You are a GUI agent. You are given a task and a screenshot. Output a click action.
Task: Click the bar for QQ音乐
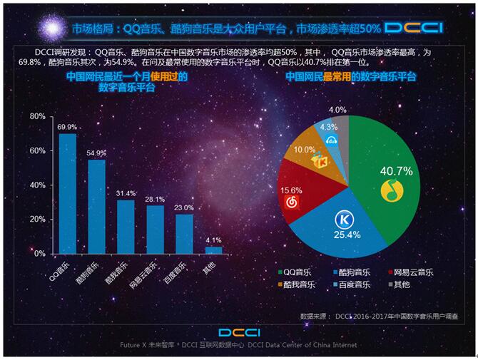coord(67,193)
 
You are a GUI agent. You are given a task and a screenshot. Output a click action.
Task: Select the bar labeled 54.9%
coord(96,206)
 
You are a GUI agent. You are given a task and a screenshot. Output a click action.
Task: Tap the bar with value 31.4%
coord(126,226)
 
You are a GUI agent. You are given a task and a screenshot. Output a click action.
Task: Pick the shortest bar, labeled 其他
coord(213,250)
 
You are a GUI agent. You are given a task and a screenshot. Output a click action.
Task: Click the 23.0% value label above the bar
coord(184,208)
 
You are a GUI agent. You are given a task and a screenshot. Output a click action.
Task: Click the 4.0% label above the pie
coord(337,110)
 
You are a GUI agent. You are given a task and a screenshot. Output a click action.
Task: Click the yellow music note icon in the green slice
coord(390,190)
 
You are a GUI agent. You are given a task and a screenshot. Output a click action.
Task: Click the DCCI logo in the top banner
coord(414,28)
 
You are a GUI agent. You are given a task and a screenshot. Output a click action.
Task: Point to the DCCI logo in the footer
coord(239,332)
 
